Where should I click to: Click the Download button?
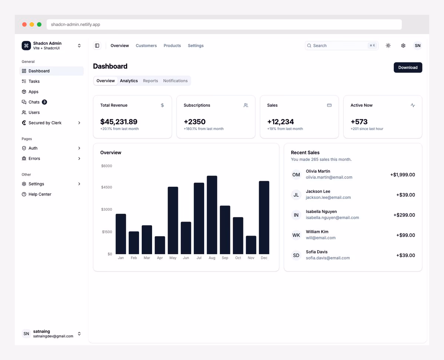coord(408,67)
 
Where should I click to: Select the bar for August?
coord(212,215)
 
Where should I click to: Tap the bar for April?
coord(160,245)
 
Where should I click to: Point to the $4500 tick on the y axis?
coord(107,187)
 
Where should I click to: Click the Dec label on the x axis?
coord(264,258)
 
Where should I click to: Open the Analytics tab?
coord(129,81)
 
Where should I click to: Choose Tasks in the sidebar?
coord(34,81)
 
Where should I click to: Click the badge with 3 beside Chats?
coord(44,102)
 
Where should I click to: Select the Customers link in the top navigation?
coord(146,46)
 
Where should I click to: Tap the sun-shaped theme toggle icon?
coord(388,46)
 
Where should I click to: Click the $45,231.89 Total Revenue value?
coord(119,121)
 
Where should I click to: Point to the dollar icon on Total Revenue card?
coord(162,105)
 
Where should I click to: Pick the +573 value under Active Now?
coord(359,121)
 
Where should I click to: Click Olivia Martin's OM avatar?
coord(296,174)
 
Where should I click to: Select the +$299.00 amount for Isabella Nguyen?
coord(404,215)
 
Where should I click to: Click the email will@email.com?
coord(320,238)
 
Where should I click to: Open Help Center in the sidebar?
coord(40,194)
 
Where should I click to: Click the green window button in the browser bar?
coord(39,24)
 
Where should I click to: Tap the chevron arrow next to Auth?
coord(79,148)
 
